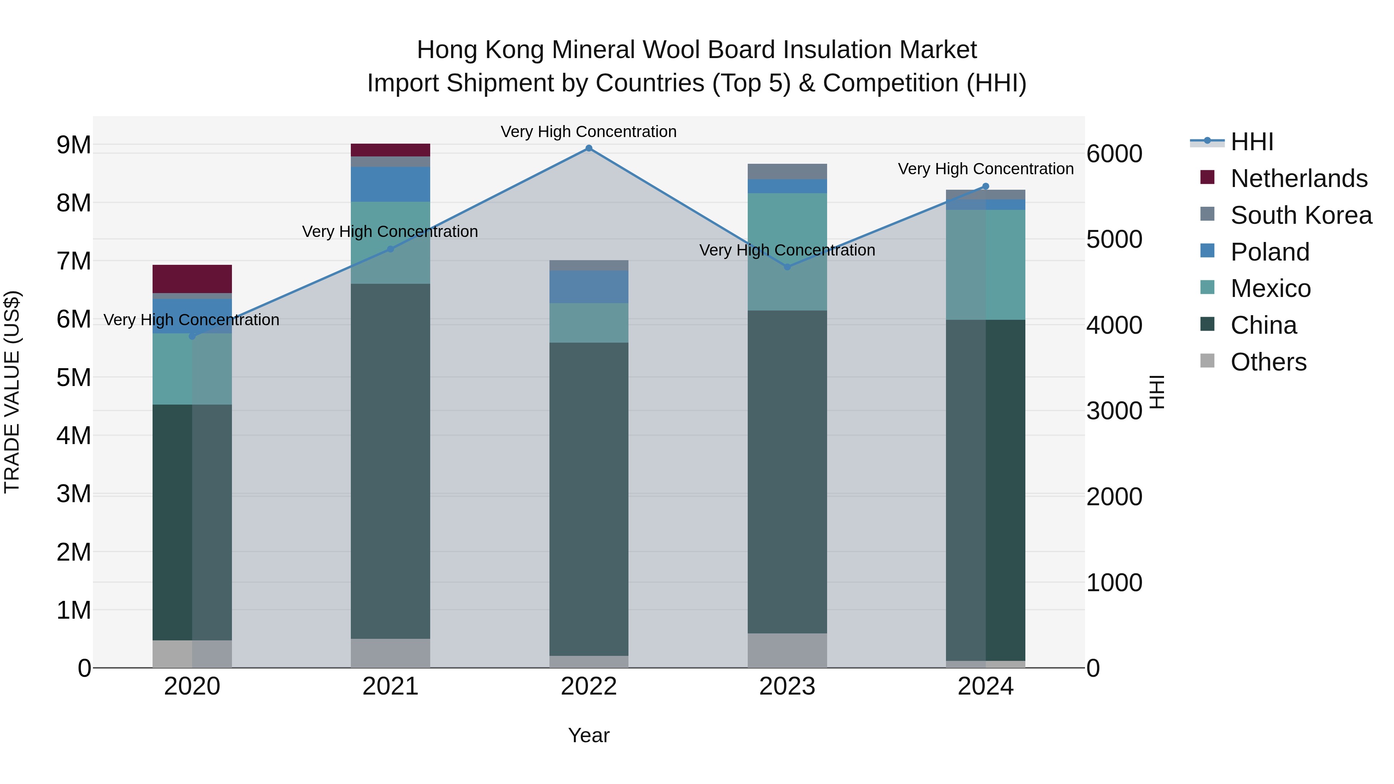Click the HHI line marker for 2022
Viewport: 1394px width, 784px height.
click(x=589, y=148)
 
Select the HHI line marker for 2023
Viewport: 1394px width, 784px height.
click(x=787, y=267)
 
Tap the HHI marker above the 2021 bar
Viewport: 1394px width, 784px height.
click(x=390, y=249)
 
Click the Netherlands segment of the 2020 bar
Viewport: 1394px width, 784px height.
click(x=192, y=279)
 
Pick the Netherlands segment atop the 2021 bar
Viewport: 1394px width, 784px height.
click(x=390, y=150)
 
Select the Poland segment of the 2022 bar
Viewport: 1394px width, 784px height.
click(x=589, y=287)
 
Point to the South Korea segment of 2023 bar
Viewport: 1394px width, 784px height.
click(x=787, y=171)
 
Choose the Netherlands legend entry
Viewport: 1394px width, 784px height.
click(x=1299, y=178)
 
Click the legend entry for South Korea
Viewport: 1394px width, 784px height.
click(x=1301, y=215)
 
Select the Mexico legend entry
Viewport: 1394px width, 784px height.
click(x=1270, y=288)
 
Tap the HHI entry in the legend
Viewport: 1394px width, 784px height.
click(x=1252, y=142)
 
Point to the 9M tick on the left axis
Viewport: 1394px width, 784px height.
click(x=74, y=145)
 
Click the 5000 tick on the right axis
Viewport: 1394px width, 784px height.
click(x=1114, y=239)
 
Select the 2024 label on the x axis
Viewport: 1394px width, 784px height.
click(x=985, y=686)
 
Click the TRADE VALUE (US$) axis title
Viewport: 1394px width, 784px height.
click(x=12, y=392)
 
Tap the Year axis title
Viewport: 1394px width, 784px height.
click(x=589, y=735)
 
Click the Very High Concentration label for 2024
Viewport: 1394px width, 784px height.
click(x=985, y=169)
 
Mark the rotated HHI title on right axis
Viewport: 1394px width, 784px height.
click(x=1156, y=392)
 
